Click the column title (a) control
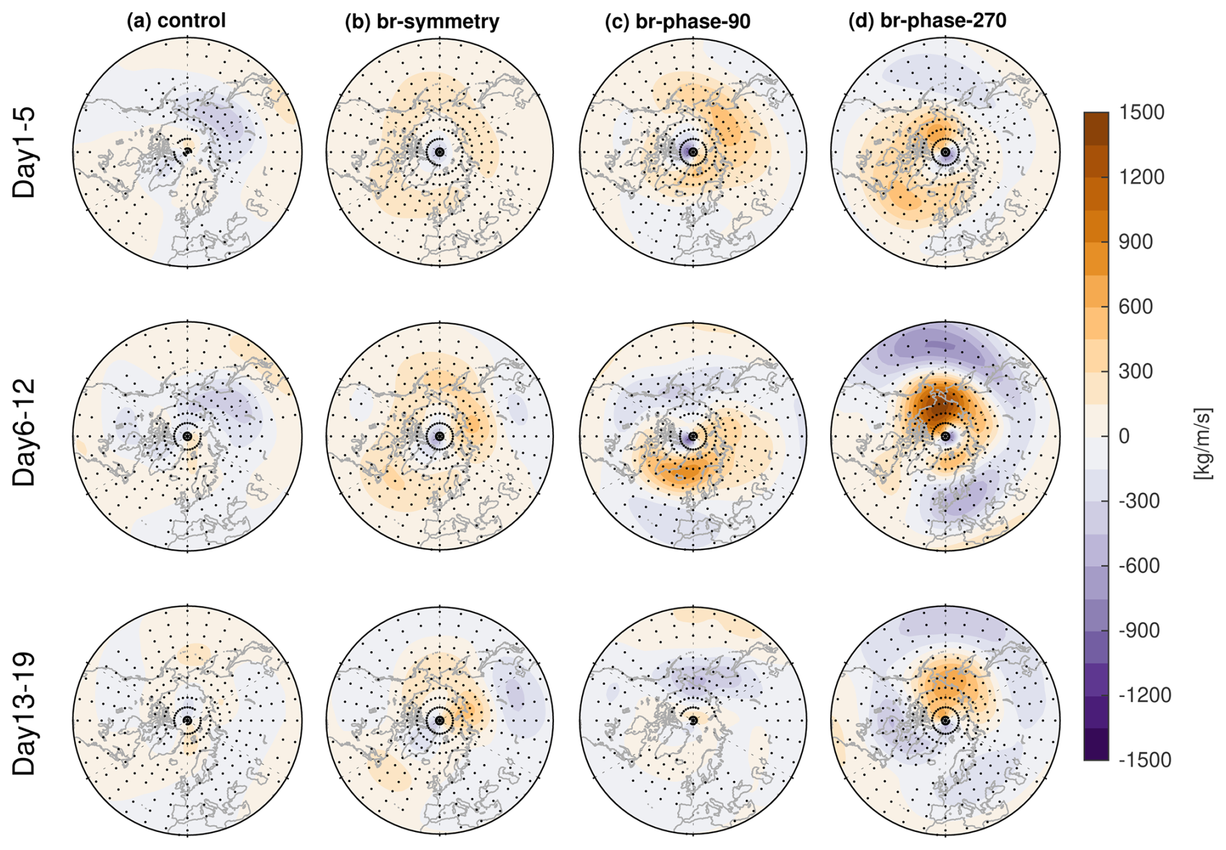pyautogui.click(x=176, y=21)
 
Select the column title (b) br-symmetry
pyautogui.click(x=422, y=21)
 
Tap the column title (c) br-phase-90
pyautogui.click(x=677, y=21)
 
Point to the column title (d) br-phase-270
pyautogui.click(x=927, y=21)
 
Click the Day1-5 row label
pyautogui.click(x=25, y=152)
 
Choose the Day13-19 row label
pyautogui.click(x=25, y=714)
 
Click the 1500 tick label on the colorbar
pyautogui.click(x=1141, y=112)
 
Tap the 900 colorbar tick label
pyautogui.click(x=1135, y=242)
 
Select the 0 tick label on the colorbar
pyautogui.click(x=1124, y=436)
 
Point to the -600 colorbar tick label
pyautogui.click(x=1139, y=566)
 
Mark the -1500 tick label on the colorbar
pyautogui.click(x=1144, y=759)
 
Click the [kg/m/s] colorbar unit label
pyautogui.click(x=1203, y=444)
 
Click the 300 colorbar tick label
pyautogui.click(x=1135, y=371)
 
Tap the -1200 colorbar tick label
pyautogui.click(x=1144, y=695)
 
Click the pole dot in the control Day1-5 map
pyautogui.click(x=187, y=152)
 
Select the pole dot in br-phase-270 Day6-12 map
pyautogui.click(x=945, y=437)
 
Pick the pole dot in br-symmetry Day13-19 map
pyautogui.click(x=440, y=720)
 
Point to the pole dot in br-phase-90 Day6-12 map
pyautogui.click(x=693, y=437)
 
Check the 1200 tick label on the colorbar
pyautogui.click(x=1141, y=177)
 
